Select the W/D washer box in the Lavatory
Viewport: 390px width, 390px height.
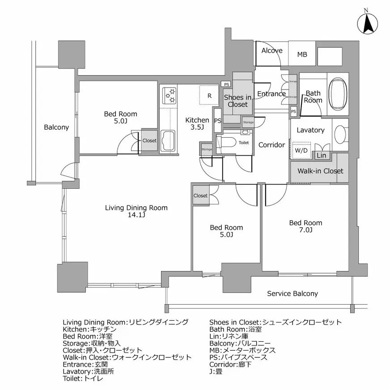pyautogui.click(x=301, y=150)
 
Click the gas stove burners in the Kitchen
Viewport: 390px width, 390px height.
pyautogui.click(x=170, y=94)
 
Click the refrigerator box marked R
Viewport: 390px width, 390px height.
pyautogui.click(x=209, y=94)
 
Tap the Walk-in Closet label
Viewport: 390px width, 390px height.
pyautogui.click(x=320, y=171)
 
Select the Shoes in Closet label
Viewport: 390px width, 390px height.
pyautogui.click(x=237, y=101)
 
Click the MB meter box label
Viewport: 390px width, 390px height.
pyautogui.click(x=302, y=55)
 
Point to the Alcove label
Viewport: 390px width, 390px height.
pyautogui.click(x=272, y=51)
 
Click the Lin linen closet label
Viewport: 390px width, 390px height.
pyautogui.click(x=321, y=155)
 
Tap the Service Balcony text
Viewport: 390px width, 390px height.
pyautogui.click(x=292, y=293)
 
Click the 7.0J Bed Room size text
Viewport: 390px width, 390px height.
pyautogui.click(x=305, y=230)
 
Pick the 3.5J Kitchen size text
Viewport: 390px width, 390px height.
pyautogui.click(x=197, y=127)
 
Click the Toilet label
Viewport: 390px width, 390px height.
pyautogui.click(x=244, y=143)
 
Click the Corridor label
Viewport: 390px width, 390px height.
pyautogui.click(x=271, y=145)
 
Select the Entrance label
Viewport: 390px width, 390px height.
pyautogui.click(x=271, y=94)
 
